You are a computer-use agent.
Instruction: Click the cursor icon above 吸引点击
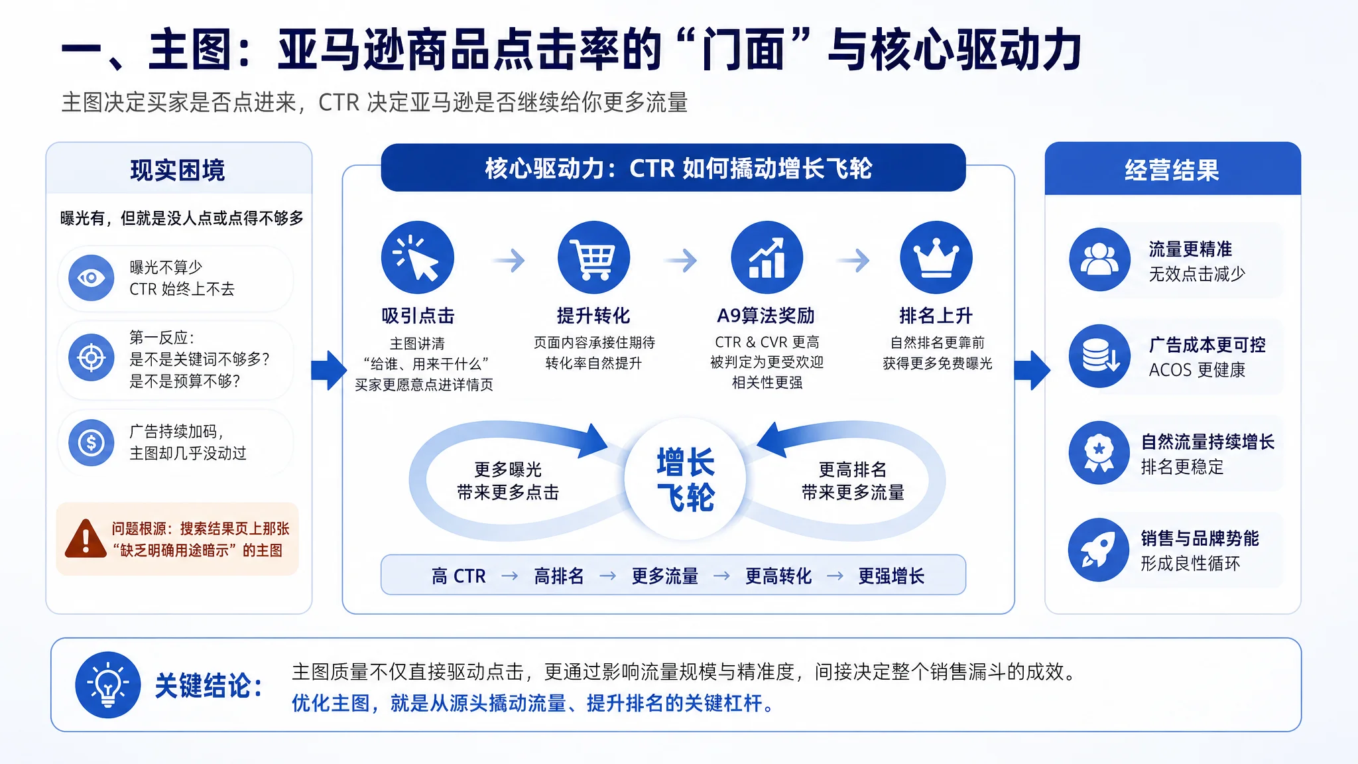coord(418,257)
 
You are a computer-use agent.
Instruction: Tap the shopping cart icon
coord(593,257)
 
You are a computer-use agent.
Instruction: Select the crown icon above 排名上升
coord(936,257)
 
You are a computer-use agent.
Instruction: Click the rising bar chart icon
coord(767,257)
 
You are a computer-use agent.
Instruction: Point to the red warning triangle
coord(86,538)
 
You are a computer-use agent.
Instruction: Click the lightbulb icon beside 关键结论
coord(108,684)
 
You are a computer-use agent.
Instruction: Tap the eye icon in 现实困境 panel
coord(92,278)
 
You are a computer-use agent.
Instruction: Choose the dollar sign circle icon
coord(92,442)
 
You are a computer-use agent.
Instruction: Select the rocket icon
coord(1099,550)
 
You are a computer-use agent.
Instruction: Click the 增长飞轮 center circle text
coord(686,479)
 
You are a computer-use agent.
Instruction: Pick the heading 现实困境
coord(178,170)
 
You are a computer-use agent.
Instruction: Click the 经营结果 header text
coord(1172,170)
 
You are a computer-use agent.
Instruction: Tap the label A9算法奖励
coord(766,316)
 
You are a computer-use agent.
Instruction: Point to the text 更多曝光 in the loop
coord(508,470)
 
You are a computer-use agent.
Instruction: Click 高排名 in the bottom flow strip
coord(559,576)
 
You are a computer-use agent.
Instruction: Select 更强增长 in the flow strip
coord(891,576)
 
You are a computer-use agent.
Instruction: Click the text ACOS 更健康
coord(1197,370)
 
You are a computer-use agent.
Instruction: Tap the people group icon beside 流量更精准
coord(1099,259)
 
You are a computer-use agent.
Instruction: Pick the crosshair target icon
coord(92,358)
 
